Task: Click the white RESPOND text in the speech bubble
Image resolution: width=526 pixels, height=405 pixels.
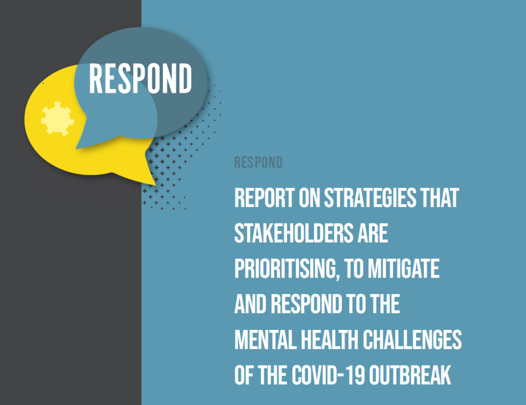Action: click(x=140, y=79)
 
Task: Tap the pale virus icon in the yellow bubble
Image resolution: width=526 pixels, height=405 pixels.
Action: click(x=58, y=119)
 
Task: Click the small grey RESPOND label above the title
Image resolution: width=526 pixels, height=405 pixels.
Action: click(x=258, y=162)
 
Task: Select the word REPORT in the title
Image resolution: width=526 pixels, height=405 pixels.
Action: click(x=265, y=198)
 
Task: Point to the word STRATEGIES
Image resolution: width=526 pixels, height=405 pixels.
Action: click(x=370, y=198)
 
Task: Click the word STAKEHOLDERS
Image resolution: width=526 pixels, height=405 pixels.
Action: click(x=294, y=233)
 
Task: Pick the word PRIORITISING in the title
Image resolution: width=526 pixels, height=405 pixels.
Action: click(x=286, y=269)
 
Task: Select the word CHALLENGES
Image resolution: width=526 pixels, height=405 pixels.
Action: click(x=412, y=340)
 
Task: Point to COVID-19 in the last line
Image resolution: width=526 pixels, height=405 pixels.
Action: click(x=328, y=375)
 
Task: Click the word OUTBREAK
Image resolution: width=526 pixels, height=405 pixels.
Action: click(x=410, y=375)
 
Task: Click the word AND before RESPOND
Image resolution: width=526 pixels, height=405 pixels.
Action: click(x=251, y=304)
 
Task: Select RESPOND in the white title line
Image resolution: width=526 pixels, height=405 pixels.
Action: click(x=306, y=304)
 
